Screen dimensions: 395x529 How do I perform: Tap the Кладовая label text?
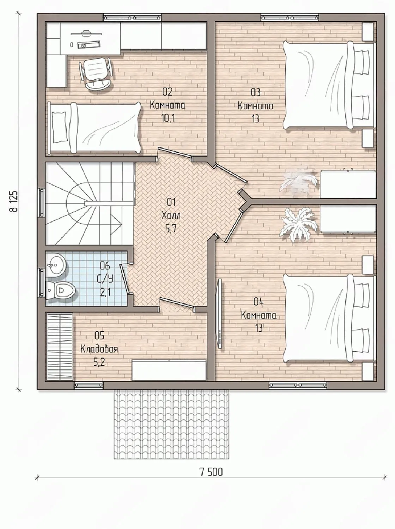(x=99, y=349)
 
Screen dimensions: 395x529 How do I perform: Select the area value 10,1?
(x=168, y=118)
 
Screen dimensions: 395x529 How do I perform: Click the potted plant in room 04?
(x=298, y=225)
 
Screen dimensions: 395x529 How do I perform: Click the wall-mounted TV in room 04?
(x=220, y=313)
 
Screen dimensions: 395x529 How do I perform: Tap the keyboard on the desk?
(x=89, y=44)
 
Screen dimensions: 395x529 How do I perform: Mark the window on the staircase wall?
(x=42, y=203)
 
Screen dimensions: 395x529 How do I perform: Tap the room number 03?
(x=255, y=92)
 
